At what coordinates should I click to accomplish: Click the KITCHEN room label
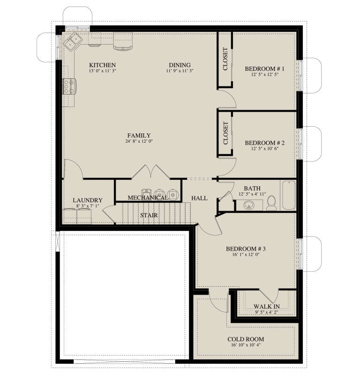[102, 65]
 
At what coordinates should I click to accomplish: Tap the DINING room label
[180, 65]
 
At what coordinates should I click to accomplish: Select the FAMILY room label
[139, 135]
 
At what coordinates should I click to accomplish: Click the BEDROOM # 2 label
[265, 143]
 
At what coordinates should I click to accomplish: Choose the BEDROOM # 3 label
[246, 248]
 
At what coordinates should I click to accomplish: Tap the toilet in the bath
[271, 203]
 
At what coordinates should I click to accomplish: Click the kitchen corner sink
[73, 42]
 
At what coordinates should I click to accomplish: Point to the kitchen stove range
[69, 86]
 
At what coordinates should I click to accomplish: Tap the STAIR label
[148, 215]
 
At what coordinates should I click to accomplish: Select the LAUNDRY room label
[87, 200]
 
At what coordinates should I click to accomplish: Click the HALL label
[200, 198]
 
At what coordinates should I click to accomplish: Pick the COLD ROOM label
[246, 339]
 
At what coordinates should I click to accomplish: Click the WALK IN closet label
[266, 306]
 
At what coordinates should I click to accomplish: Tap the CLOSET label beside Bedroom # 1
[225, 59]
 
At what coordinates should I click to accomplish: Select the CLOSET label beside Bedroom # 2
[225, 133]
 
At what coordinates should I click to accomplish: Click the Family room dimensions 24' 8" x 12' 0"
[139, 141]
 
